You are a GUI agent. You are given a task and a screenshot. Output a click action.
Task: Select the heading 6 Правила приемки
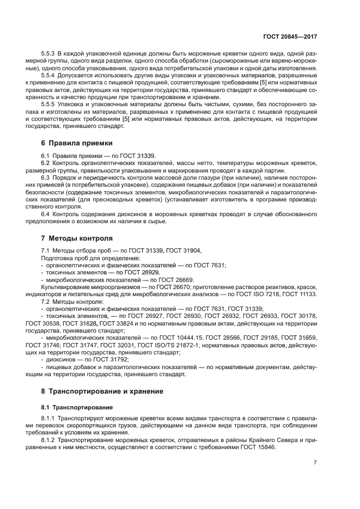click(x=77, y=143)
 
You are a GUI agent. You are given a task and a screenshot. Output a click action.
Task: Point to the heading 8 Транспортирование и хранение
click(x=102, y=391)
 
